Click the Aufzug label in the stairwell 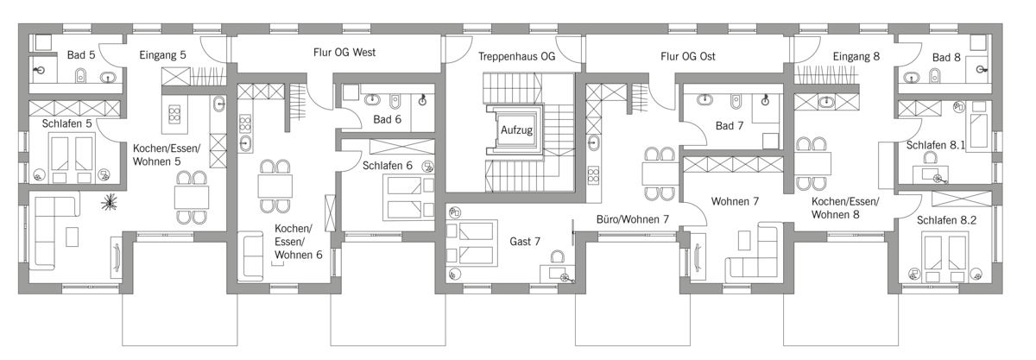point(516,130)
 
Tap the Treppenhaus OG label point(516,56)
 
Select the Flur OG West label point(344,53)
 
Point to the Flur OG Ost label point(688,56)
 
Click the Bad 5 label point(81,55)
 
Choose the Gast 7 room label point(525,242)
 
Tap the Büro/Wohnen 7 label point(632,219)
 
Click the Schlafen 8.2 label point(946,220)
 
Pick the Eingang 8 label point(856,56)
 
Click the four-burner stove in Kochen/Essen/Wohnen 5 point(174,113)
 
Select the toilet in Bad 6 point(395,100)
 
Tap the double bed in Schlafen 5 point(71,153)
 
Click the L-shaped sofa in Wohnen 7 point(754,253)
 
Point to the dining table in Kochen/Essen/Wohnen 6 point(275,186)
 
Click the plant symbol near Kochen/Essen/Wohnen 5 point(111,202)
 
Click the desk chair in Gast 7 point(558,256)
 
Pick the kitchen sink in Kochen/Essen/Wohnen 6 point(245,143)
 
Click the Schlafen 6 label point(387,166)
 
